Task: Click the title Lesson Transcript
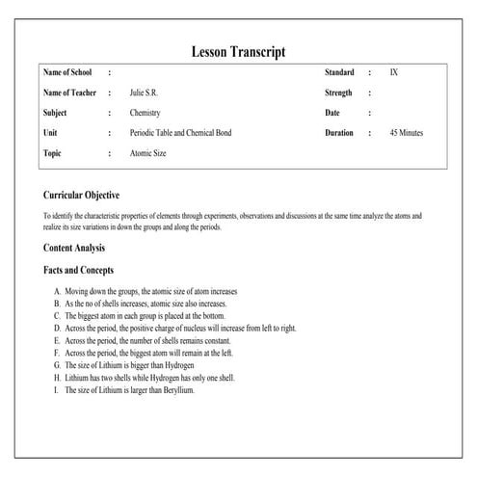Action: [238, 51]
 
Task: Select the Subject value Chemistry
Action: [146, 113]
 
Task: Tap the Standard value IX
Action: [393, 72]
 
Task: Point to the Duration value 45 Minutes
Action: [406, 132]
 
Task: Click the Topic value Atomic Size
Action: [149, 152]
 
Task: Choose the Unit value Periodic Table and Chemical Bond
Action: [180, 132]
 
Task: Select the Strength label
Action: [338, 93]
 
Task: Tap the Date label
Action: [333, 113]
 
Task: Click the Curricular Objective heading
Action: [82, 195]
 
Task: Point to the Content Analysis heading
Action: [74, 248]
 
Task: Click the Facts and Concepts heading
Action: [79, 270]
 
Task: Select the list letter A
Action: [58, 290]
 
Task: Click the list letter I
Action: [57, 390]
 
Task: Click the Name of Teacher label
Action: [70, 93]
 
